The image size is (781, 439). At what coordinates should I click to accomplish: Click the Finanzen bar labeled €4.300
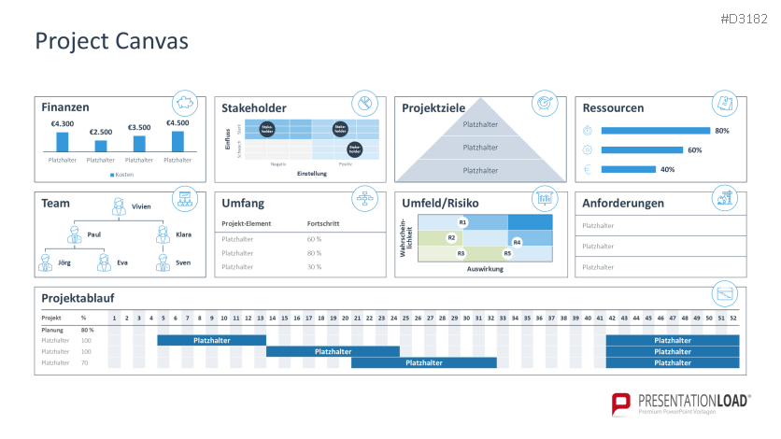[x=63, y=141]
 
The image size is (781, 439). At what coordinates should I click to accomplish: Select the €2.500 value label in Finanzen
[x=101, y=132]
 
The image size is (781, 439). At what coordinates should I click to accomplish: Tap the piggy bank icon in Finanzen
[x=184, y=103]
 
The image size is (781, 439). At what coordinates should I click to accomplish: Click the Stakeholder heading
[x=254, y=108]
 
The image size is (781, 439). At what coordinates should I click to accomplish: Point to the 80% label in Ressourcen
[x=721, y=131]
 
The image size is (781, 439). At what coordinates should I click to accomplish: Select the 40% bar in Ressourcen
[x=628, y=169]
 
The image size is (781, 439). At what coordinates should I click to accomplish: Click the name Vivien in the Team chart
[x=141, y=206]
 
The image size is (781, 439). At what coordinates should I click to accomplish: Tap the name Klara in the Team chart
[x=183, y=235]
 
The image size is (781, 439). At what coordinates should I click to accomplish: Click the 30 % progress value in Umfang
[x=315, y=266]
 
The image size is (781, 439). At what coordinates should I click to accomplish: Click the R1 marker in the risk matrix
[x=462, y=221]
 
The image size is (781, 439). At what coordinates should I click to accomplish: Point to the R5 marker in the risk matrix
[x=507, y=253]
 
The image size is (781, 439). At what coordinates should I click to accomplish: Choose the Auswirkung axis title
[x=486, y=268]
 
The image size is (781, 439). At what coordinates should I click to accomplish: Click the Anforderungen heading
[x=623, y=203]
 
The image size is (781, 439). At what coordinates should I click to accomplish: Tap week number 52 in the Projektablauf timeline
[x=732, y=319]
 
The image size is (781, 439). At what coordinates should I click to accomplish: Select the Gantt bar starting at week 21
[x=423, y=362]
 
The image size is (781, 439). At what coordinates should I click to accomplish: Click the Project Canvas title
[x=111, y=41]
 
